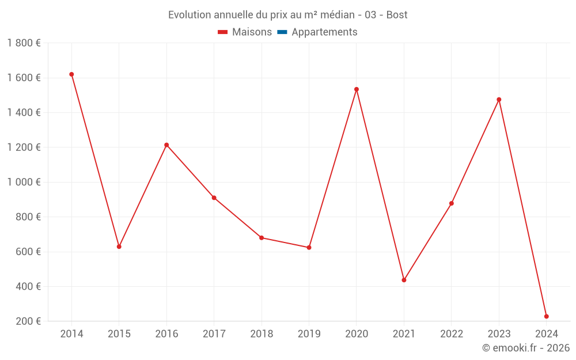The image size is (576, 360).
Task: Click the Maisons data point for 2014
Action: [71, 74]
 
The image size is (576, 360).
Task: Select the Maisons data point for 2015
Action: [119, 247]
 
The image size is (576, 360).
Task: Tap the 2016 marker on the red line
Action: [166, 145]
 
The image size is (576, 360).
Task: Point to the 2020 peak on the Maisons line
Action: [357, 89]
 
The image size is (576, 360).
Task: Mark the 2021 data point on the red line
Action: [404, 280]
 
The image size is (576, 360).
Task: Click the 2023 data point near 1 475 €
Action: [499, 100]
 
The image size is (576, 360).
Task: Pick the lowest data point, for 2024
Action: [546, 316]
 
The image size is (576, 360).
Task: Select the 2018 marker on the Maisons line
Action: [262, 238]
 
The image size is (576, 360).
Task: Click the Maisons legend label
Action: [252, 32]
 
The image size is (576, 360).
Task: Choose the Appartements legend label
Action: [324, 32]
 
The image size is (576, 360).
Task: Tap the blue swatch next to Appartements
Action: [282, 32]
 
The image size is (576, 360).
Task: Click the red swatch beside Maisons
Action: [223, 32]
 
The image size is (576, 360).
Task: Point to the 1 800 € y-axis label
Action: [24, 43]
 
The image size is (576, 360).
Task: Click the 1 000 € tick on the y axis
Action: [24, 182]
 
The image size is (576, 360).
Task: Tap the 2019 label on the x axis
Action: [309, 334]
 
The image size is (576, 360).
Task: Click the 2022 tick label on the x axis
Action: [452, 334]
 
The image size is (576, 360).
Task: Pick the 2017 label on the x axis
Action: [214, 334]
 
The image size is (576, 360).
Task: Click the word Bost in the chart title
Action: [397, 15]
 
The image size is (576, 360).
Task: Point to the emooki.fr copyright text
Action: [525, 348]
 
